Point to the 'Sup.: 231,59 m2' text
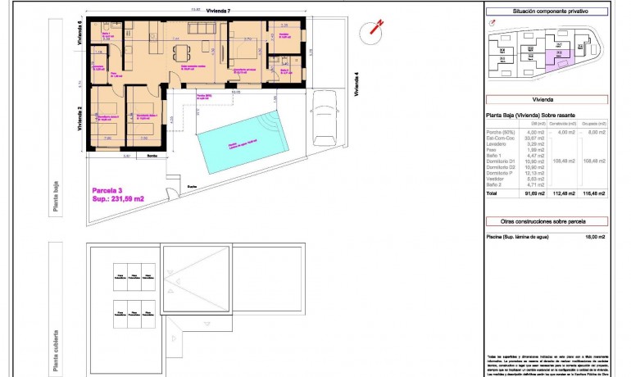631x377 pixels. [x=119, y=199]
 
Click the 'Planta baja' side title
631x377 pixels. [x=56, y=199]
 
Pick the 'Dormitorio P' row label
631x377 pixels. [x=502, y=173]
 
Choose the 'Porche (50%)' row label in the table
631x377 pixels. [x=502, y=132]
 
